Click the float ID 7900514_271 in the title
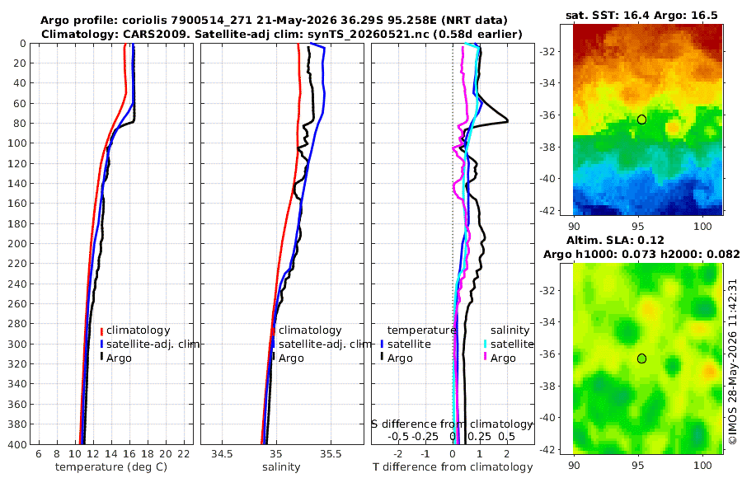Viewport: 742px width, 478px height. (223, 21)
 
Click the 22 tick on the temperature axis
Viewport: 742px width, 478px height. (184, 454)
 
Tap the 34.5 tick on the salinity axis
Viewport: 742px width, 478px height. (223, 454)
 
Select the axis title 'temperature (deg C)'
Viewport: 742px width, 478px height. (111, 467)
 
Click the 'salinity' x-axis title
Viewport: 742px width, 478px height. (282, 467)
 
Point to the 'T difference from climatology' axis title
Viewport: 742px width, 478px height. (453, 467)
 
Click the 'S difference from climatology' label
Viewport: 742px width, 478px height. (452, 424)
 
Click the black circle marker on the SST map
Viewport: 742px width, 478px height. (641, 119)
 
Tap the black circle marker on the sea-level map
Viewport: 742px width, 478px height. (641, 358)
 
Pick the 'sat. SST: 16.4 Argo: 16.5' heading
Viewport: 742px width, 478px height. (641, 15)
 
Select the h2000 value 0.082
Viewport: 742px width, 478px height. (723, 254)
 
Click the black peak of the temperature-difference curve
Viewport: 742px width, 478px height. (508, 120)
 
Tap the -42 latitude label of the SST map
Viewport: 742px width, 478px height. (549, 210)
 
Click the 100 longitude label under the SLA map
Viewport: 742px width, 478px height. (702, 466)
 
